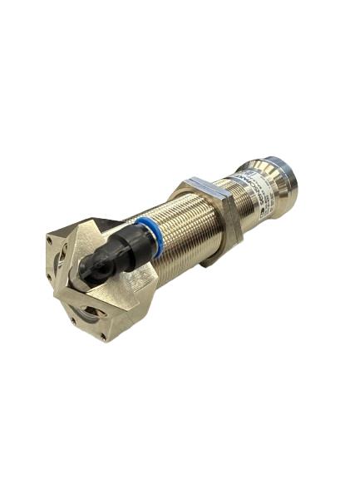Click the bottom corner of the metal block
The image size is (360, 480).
point(104,339)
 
